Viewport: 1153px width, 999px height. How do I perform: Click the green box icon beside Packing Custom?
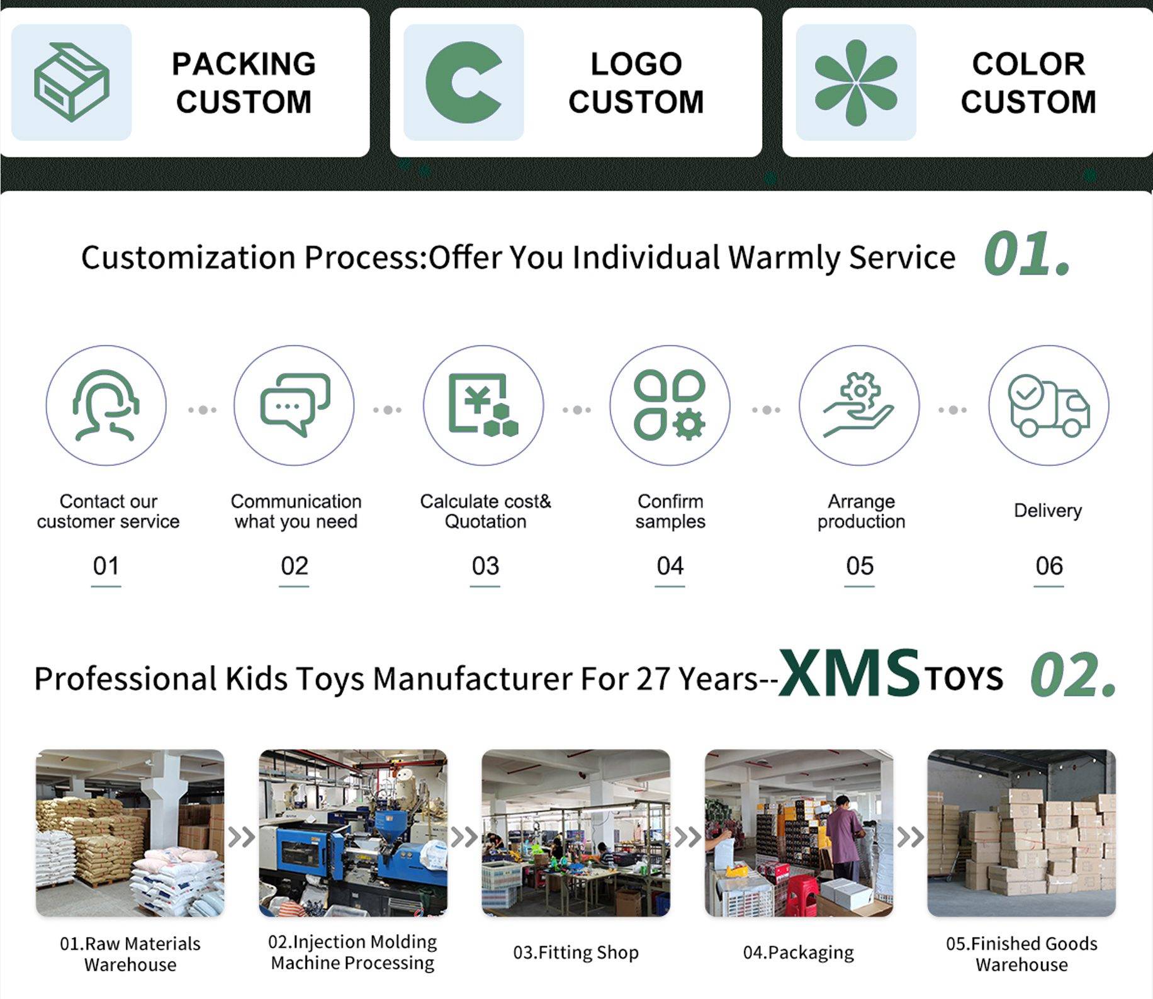pyautogui.click(x=71, y=82)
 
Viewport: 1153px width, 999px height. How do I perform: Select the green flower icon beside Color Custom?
pyautogui.click(x=856, y=82)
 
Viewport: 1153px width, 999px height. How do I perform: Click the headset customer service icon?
pyautogui.click(x=106, y=405)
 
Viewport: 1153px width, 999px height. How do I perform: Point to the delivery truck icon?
pyautogui.click(x=1049, y=406)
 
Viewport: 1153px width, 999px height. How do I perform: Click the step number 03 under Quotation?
pyautogui.click(x=485, y=566)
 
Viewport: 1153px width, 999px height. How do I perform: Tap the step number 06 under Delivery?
pyautogui.click(x=1049, y=566)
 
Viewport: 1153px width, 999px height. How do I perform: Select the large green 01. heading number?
pyautogui.click(x=1027, y=254)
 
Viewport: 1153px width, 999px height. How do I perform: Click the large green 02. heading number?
pyautogui.click(x=1073, y=675)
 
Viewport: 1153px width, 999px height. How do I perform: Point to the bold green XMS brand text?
pyautogui.click(x=849, y=672)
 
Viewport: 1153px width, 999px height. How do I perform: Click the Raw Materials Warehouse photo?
pyautogui.click(x=130, y=832)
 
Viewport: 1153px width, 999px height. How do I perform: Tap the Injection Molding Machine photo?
pyautogui.click(x=353, y=832)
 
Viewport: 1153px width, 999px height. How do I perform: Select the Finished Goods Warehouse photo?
pyautogui.click(x=1021, y=832)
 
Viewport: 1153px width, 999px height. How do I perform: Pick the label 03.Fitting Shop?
pyautogui.click(x=576, y=952)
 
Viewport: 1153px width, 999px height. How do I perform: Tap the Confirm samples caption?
pyautogui.click(x=670, y=511)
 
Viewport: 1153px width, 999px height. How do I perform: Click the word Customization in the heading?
pyautogui.click(x=188, y=257)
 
